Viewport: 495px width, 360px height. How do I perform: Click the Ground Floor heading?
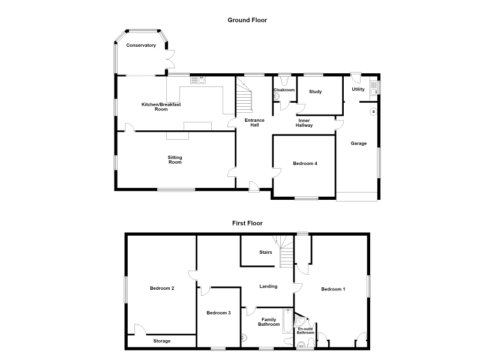247,20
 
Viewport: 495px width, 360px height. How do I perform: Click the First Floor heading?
247,223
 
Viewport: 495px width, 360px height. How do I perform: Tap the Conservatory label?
141,45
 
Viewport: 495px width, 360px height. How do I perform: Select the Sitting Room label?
175,160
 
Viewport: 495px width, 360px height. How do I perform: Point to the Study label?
316,92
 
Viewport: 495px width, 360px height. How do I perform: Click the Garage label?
359,143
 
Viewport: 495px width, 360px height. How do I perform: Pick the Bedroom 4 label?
305,163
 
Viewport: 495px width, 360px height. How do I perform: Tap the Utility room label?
358,89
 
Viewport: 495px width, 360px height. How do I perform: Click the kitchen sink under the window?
198,80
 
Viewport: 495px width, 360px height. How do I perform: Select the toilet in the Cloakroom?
285,80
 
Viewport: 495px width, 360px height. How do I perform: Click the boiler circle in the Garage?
373,112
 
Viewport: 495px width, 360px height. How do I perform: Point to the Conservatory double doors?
170,59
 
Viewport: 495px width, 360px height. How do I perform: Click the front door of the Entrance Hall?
254,187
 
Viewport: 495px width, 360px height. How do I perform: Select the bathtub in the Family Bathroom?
288,321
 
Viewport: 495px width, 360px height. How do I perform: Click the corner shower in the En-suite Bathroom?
299,320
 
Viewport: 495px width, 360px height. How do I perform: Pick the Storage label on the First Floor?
162,341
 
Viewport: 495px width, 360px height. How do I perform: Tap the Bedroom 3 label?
218,313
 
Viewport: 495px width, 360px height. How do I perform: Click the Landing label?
268,286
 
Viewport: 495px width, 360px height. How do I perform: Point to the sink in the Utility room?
374,88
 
